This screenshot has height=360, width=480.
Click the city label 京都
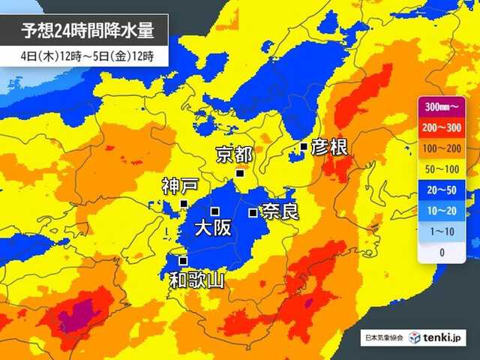(x=233, y=154)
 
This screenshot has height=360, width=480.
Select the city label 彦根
(x=329, y=147)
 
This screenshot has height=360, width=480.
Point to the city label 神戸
(x=180, y=185)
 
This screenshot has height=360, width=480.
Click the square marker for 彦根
(x=304, y=146)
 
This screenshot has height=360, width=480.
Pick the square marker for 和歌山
(x=183, y=260)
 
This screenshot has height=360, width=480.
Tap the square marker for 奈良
(x=253, y=212)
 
